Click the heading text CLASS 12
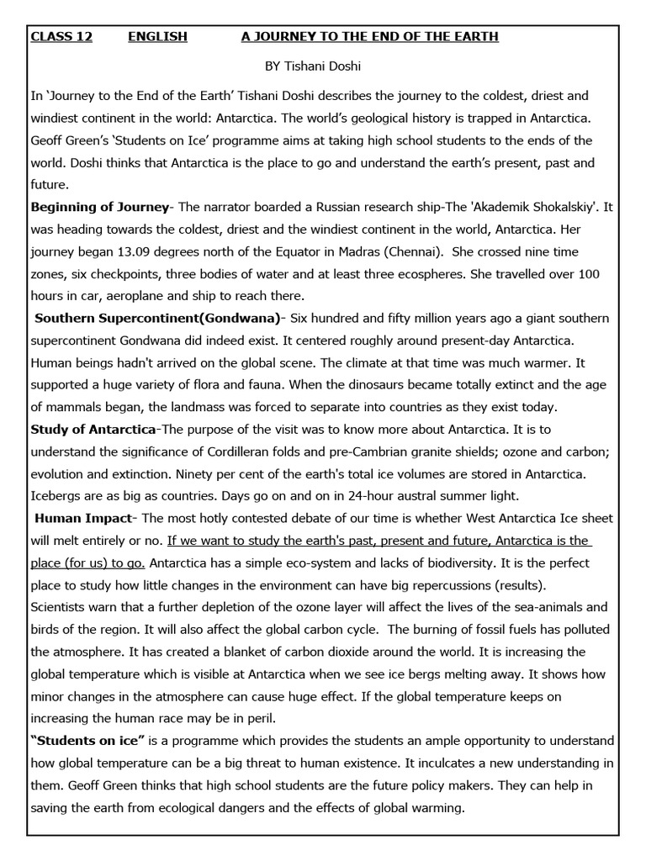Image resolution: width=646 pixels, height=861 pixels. (61, 37)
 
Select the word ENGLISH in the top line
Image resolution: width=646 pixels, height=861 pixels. (157, 37)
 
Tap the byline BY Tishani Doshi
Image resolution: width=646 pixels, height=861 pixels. (313, 66)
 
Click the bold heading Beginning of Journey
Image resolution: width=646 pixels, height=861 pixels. (99, 207)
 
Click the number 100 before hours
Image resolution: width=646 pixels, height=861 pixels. (589, 274)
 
